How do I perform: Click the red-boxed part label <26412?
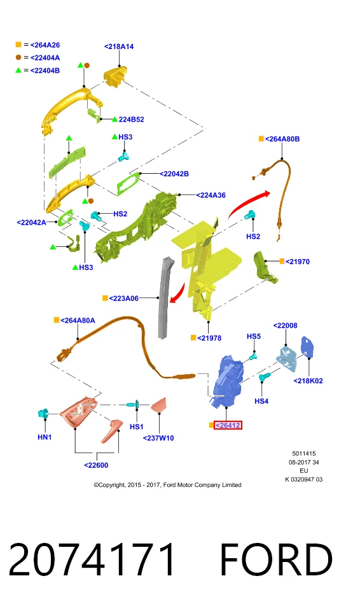click(x=228, y=425)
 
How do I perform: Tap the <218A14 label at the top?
click(x=119, y=46)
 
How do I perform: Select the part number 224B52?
click(x=131, y=119)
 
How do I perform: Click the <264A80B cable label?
click(x=282, y=139)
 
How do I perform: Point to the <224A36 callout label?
click(x=211, y=195)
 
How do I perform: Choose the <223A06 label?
click(x=123, y=298)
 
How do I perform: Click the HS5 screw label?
click(x=254, y=336)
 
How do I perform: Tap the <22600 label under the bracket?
click(x=96, y=465)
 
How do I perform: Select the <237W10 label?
click(x=158, y=438)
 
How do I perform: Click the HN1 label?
click(x=45, y=437)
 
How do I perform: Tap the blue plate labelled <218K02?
click(x=308, y=347)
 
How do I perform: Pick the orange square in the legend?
click(x=18, y=45)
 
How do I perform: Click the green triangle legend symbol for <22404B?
click(x=18, y=71)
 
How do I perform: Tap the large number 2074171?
click(x=92, y=559)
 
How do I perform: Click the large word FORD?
click(x=276, y=559)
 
